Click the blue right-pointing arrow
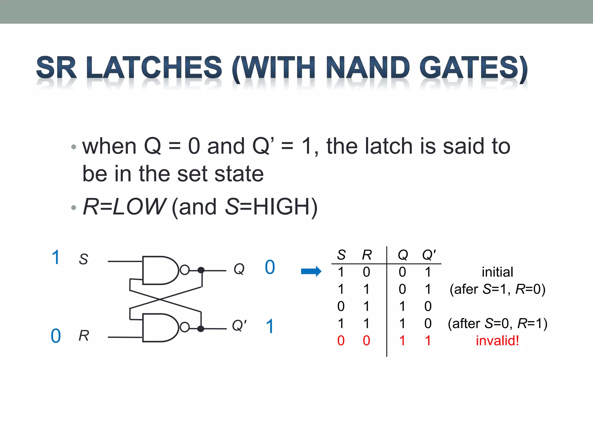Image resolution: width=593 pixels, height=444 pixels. [x=311, y=271]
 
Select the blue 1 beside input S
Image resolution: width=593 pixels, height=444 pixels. [x=56, y=257]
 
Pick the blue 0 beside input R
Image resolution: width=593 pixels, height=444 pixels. [x=56, y=336]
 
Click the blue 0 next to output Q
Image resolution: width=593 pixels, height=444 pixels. [x=270, y=267]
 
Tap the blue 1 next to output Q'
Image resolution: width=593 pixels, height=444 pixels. [x=270, y=326]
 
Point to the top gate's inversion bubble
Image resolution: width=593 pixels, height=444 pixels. [x=185, y=270]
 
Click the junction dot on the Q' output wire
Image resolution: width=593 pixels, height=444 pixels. [x=201, y=329]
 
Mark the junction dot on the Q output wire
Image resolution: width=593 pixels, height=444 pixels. [x=201, y=270]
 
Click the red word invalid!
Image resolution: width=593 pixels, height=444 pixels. [x=497, y=341]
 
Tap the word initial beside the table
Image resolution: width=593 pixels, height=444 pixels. [x=497, y=272]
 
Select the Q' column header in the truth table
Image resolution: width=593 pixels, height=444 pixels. [x=429, y=255]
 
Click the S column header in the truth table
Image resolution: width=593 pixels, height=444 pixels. [x=341, y=255]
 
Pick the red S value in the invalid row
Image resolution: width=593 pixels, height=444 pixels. [x=341, y=341]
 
